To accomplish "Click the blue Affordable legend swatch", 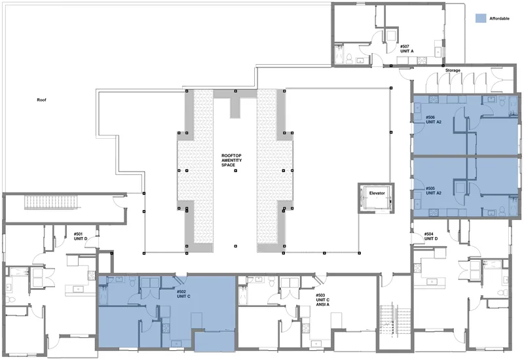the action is tap(481, 18).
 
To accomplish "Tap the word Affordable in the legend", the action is tap(499, 19).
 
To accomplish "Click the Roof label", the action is tap(41, 100).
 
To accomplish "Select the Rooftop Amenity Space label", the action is tap(231, 160).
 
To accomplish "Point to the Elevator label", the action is tap(377, 193).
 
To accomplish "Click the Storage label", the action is tap(453, 71).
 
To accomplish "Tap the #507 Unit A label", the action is tap(407, 49).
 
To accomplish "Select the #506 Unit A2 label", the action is tap(434, 120).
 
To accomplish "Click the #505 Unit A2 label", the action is tap(434, 190).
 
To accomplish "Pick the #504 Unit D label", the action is tap(431, 236).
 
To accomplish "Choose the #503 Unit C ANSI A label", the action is tap(322, 300).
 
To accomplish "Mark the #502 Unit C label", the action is tap(183, 294).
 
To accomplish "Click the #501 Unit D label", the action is tap(81, 236).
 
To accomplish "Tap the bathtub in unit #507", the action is tap(339, 55).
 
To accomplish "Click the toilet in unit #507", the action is tap(349, 58).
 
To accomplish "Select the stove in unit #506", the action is tap(434, 99).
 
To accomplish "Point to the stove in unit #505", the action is tap(434, 212).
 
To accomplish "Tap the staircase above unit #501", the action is tap(52, 202).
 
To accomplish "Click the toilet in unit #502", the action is tap(133, 283).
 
